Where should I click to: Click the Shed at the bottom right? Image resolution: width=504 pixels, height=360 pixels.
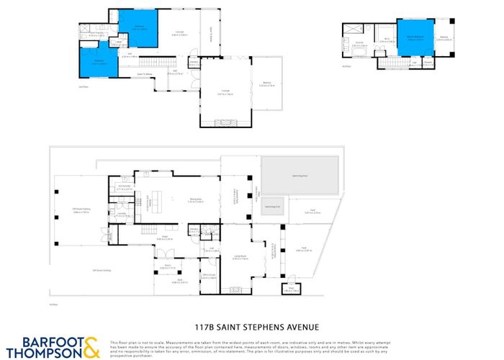tap(292, 290)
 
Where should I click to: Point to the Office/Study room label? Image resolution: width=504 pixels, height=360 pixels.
tap(210, 276)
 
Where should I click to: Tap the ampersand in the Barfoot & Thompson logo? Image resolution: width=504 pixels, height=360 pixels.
tap(91, 347)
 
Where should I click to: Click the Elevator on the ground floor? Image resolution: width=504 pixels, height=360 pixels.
tap(194, 231)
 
